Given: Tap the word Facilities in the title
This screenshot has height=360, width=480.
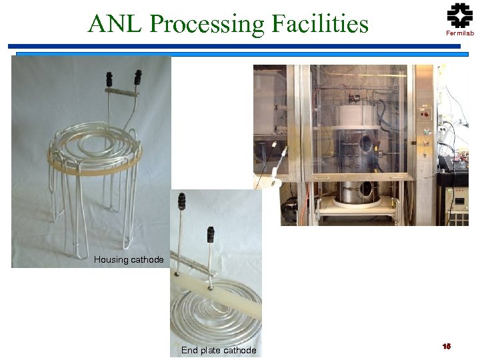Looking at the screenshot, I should [319, 24].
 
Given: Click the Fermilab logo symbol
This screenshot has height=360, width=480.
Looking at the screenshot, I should [459, 15].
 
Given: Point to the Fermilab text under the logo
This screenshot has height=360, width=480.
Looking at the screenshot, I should [459, 33].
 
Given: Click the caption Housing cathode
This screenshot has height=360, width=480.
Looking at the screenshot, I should [129, 259].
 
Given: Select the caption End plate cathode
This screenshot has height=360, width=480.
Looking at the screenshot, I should [219, 351].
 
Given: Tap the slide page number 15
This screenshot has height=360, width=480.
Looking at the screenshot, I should [447, 346].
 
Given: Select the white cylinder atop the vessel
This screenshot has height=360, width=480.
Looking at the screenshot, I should [357, 117].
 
